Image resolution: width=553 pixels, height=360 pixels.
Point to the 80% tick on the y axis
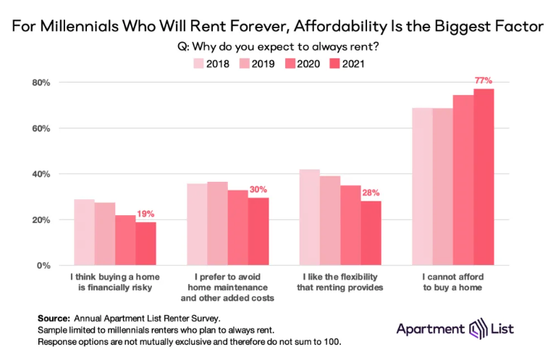(39, 83)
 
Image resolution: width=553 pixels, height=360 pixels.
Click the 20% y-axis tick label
(39, 220)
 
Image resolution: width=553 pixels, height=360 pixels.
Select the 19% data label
(146, 214)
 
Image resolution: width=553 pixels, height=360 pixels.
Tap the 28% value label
(371, 193)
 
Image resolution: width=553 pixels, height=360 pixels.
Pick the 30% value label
(258, 189)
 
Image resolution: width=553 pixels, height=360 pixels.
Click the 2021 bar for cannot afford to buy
(484, 177)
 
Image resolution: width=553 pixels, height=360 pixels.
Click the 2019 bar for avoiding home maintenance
(217, 224)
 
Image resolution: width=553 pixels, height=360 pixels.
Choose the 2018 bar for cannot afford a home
(422, 187)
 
